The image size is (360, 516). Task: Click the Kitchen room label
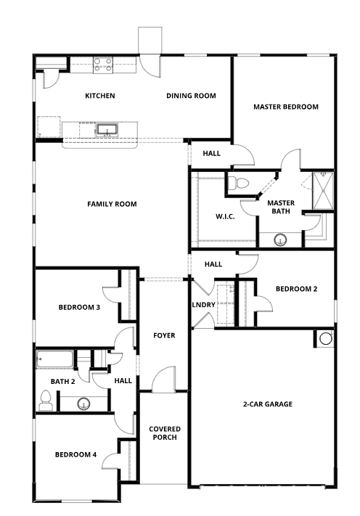(x=99, y=96)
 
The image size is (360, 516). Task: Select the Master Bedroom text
(x=285, y=107)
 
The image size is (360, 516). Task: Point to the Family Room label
(x=112, y=204)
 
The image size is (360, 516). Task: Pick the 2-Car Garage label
(x=267, y=404)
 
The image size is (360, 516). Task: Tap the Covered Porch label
(x=165, y=433)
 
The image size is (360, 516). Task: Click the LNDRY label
(x=203, y=304)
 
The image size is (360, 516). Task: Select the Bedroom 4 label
(x=75, y=455)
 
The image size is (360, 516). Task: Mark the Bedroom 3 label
(x=79, y=308)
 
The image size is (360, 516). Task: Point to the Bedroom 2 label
(x=295, y=289)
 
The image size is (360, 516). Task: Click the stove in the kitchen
(x=102, y=64)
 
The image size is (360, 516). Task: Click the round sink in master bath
(x=279, y=238)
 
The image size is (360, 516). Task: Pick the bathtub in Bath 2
(x=55, y=359)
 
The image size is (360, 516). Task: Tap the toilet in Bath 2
(x=46, y=398)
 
